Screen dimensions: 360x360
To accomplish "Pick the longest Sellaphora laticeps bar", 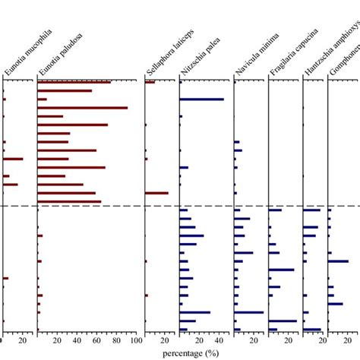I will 156,193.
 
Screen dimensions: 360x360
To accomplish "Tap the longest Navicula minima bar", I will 248,312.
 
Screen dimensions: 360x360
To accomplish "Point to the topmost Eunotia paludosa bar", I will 74,82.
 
